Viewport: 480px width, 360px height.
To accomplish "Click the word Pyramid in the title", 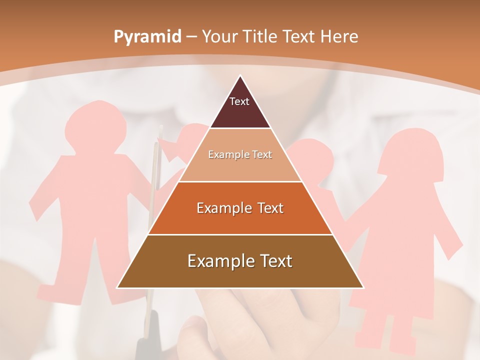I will pyautogui.click(x=147, y=37).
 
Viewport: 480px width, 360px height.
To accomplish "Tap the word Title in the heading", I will pyautogui.click(x=262, y=37).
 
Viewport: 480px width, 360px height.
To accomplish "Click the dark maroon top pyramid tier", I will pyautogui.click(x=240, y=112).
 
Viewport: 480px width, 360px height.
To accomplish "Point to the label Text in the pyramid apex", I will pyautogui.click(x=239, y=101).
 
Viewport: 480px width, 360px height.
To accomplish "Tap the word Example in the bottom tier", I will pyautogui.click(x=218, y=261).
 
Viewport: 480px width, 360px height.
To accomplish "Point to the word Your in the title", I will pyautogui.click(x=220, y=37).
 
